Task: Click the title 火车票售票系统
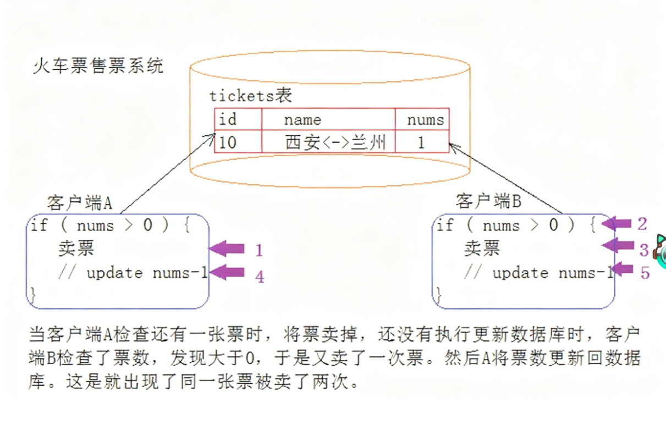point(98,67)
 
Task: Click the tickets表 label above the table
point(250,96)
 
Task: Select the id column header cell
point(238,119)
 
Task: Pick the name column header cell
point(328,119)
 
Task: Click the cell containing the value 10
point(238,142)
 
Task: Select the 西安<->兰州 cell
point(328,142)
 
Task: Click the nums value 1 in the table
point(421,142)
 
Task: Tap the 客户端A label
point(80,203)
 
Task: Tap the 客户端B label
point(488,201)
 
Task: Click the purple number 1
point(259,251)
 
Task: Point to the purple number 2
point(642,224)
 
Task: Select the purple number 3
point(644,251)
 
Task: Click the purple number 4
point(260,276)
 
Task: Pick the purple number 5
point(645,272)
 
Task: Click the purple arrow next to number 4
point(227,272)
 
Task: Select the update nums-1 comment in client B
point(537,273)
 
